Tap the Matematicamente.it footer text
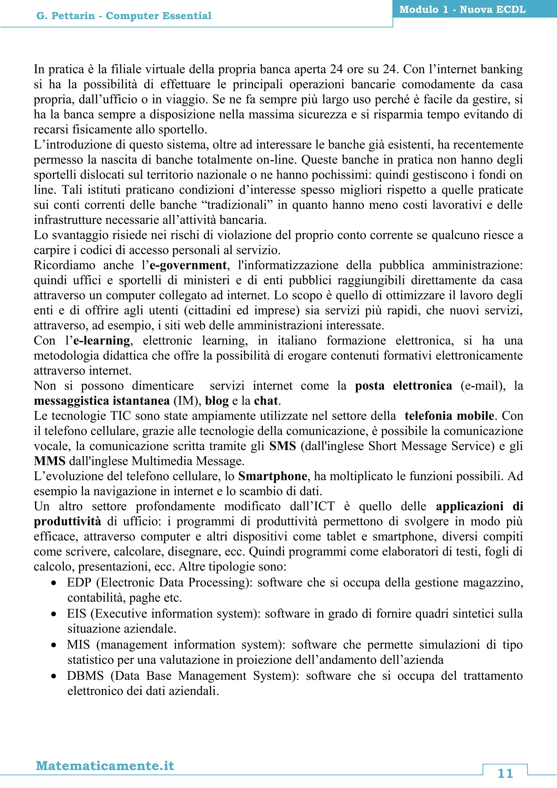click(105, 766)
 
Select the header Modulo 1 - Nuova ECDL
click(462, 10)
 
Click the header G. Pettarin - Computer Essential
click(124, 16)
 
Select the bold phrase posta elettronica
click(403, 386)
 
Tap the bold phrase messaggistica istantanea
click(101, 401)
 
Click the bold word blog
click(217, 401)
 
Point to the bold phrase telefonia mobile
click(449, 416)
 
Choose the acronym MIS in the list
click(78, 645)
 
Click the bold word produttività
click(67, 522)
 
